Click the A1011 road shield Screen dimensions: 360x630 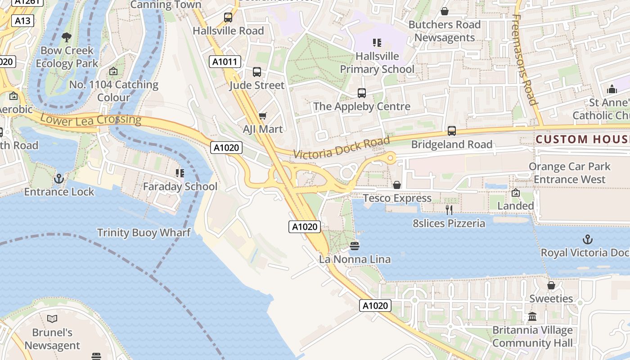pyautogui.click(x=225, y=62)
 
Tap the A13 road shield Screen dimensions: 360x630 pyautogui.click(x=22, y=21)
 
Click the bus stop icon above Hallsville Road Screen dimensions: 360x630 pyautogui.click(x=228, y=18)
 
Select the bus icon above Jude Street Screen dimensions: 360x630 pyautogui.click(x=257, y=72)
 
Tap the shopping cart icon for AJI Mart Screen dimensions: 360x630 pyautogui.click(x=263, y=116)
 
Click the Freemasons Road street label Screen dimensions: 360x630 pyautogui.click(x=525, y=59)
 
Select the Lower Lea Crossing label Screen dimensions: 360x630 pyautogui.click(x=90, y=120)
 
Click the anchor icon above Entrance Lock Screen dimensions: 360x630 pyautogui.click(x=59, y=179)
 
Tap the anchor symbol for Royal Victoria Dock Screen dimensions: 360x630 pyautogui.click(x=588, y=239)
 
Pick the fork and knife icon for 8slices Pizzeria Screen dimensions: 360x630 pyautogui.click(x=449, y=210)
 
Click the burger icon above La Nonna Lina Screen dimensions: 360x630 pyautogui.click(x=355, y=246)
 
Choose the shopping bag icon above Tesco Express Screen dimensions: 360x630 pyautogui.click(x=397, y=185)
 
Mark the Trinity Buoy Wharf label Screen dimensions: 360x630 pyautogui.click(x=144, y=233)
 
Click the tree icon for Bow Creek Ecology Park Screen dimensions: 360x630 pyautogui.click(x=67, y=37)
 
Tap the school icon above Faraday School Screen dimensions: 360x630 pyautogui.click(x=180, y=173)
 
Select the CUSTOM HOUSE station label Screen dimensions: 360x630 pyautogui.click(x=582, y=139)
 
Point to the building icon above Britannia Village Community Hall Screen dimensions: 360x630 pyautogui.click(x=532, y=317)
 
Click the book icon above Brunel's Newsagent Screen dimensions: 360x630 pyautogui.click(x=52, y=319)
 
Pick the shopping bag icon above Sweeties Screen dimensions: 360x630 pyautogui.click(x=551, y=285)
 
